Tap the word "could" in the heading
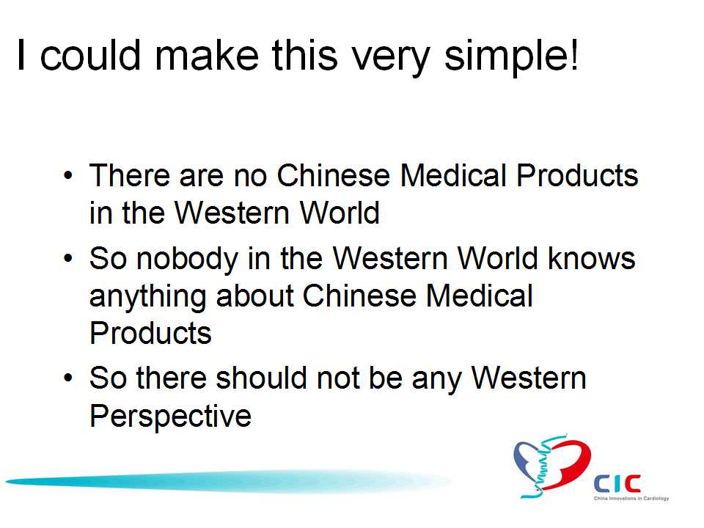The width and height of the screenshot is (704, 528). point(90,55)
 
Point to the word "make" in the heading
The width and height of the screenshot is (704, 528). point(207,55)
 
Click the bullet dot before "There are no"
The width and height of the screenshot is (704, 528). point(67,175)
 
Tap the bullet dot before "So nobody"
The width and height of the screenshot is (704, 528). point(67,259)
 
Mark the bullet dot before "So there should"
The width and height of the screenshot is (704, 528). point(67,378)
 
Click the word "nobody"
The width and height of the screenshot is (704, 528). point(187,260)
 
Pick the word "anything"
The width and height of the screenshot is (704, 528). point(147,298)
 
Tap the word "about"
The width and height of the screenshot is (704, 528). point(255,296)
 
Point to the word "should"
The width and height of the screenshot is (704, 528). point(262,378)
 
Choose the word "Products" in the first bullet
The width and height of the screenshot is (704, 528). point(577,175)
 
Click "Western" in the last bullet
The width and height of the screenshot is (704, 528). point(529,378)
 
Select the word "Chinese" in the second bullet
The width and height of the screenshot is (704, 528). point(359,296)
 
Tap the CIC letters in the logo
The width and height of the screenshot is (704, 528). point(617,484)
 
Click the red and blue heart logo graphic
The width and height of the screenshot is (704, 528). point(551,466)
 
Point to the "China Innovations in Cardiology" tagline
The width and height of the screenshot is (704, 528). point(631,499)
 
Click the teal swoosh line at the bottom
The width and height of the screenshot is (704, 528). point(228,481)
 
